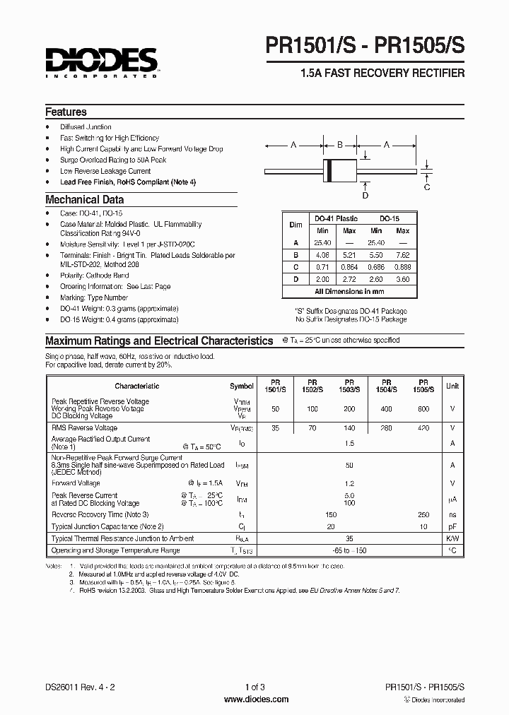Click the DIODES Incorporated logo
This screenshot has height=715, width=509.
pyautogui.click(x=100, y=62)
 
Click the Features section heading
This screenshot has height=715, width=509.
pyautogui.click(x=66, y=112)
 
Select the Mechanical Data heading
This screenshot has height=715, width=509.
pyautogui.click(x=84, y=199)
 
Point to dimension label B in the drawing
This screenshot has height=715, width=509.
pyautogui.click(x=339, y=145)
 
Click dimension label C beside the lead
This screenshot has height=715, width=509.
pyautogui.click(x=427, y=187)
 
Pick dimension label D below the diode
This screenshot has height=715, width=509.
pyautogui.click(x=365, y=196)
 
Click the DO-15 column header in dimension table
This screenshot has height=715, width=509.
pyautogui.click(x=389, y=219)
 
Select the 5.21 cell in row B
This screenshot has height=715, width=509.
pyautogui.click(x=349, y=254)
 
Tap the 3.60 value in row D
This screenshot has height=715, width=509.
pyautogui.click(x=403, y=278)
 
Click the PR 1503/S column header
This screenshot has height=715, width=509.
pyautogui.click(x=350, y=386)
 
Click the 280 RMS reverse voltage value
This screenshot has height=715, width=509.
pyautogui.click(x=387, y=428)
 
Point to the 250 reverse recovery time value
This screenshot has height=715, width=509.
pyautogui.click(x=423, y=515)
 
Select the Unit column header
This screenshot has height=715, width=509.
pyautogui.click(x=452, y=386)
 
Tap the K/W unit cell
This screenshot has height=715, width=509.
pyautogui.click(x=452, y=538)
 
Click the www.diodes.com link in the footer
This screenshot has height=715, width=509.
pyautogui.click(x=255, y=699)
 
